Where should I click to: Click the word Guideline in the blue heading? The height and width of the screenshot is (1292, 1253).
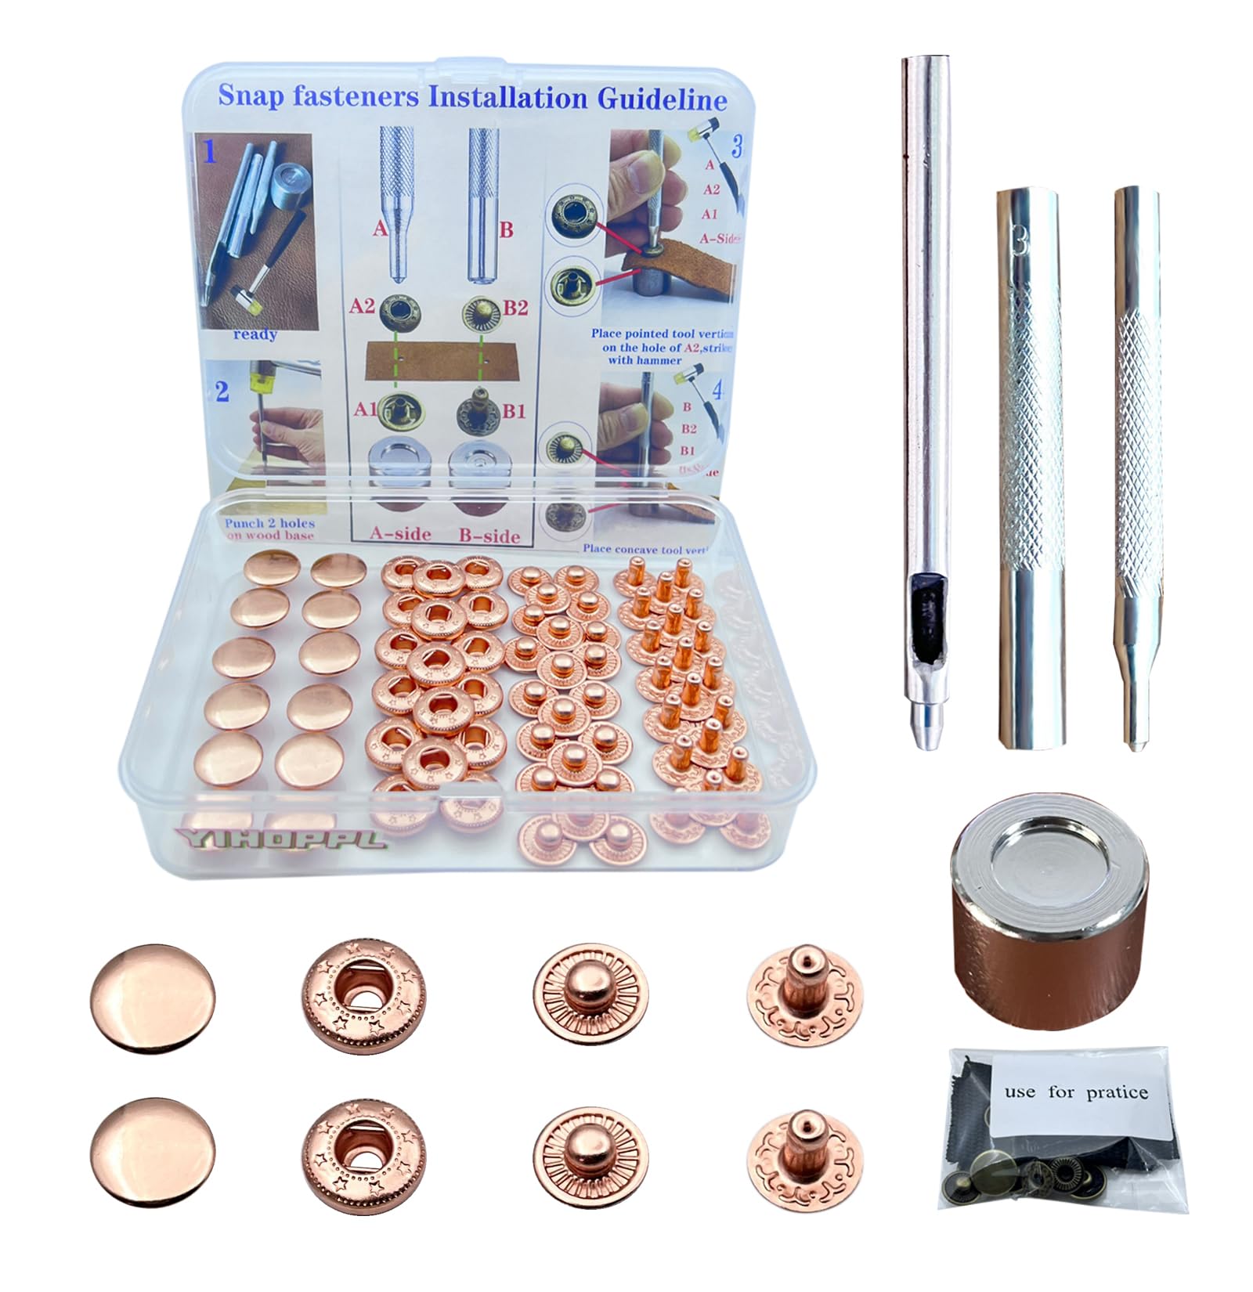[662, 99]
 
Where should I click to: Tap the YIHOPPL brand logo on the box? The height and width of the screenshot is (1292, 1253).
[280, 839]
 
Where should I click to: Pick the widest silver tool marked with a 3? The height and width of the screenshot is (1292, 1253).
[1029, 470]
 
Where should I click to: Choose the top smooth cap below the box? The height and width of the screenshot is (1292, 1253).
[153, 997]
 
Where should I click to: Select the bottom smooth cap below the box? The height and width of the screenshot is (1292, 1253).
[153, 1149]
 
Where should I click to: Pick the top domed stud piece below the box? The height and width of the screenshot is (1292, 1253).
[590, 995]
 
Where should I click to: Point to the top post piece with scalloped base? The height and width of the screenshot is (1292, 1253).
[805, 995]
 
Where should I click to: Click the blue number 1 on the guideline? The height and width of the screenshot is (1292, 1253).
[209, 152]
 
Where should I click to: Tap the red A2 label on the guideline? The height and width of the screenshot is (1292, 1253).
[361, 306]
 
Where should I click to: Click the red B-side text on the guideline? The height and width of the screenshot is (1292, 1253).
[489, 536]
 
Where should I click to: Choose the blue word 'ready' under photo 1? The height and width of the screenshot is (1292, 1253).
[255, 334]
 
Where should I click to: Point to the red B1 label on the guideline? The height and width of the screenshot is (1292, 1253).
[513, 411]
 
